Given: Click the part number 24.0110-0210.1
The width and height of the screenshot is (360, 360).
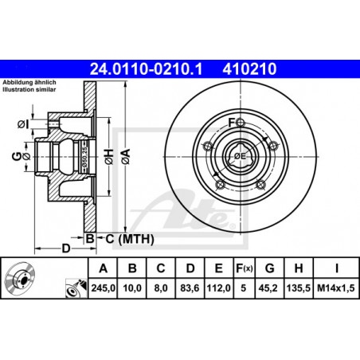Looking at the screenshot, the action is [x=146, y=69].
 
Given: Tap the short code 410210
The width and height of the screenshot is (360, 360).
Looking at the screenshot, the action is [x=249, y=69].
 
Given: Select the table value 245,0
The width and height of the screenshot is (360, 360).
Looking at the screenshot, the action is [x=104, y=288].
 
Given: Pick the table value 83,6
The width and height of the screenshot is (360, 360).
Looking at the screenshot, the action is [x=190, y=288].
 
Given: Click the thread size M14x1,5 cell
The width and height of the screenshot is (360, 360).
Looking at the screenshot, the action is [x=336, y=288].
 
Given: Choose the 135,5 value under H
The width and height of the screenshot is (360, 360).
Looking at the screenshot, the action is [x=299, y=288].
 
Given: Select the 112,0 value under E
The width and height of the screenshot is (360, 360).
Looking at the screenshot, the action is [x=219, y=288].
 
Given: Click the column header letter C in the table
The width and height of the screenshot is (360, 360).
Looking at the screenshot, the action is [x=161, y=268].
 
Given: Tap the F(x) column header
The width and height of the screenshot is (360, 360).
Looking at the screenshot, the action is [x=245, y=268].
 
